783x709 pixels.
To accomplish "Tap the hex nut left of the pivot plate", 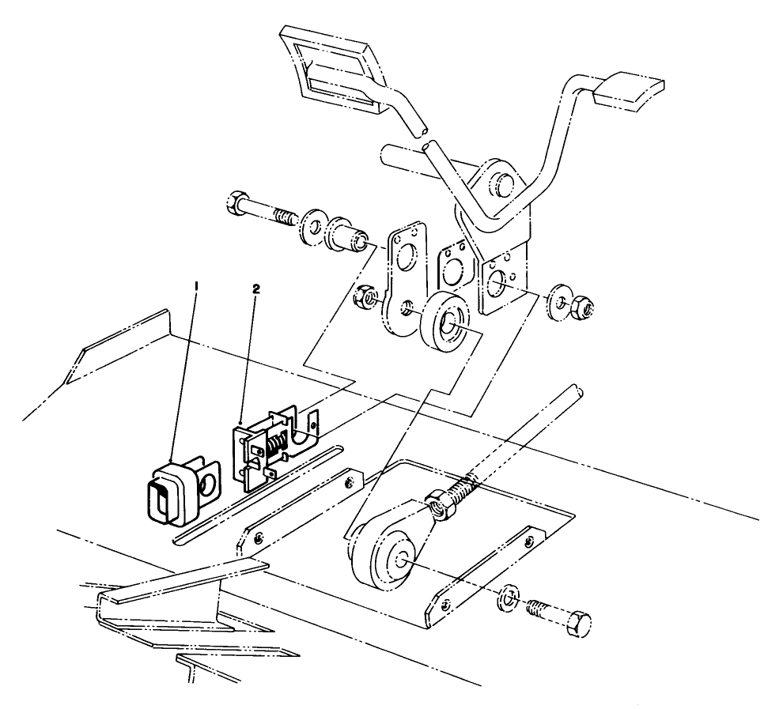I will pos(366,299).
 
